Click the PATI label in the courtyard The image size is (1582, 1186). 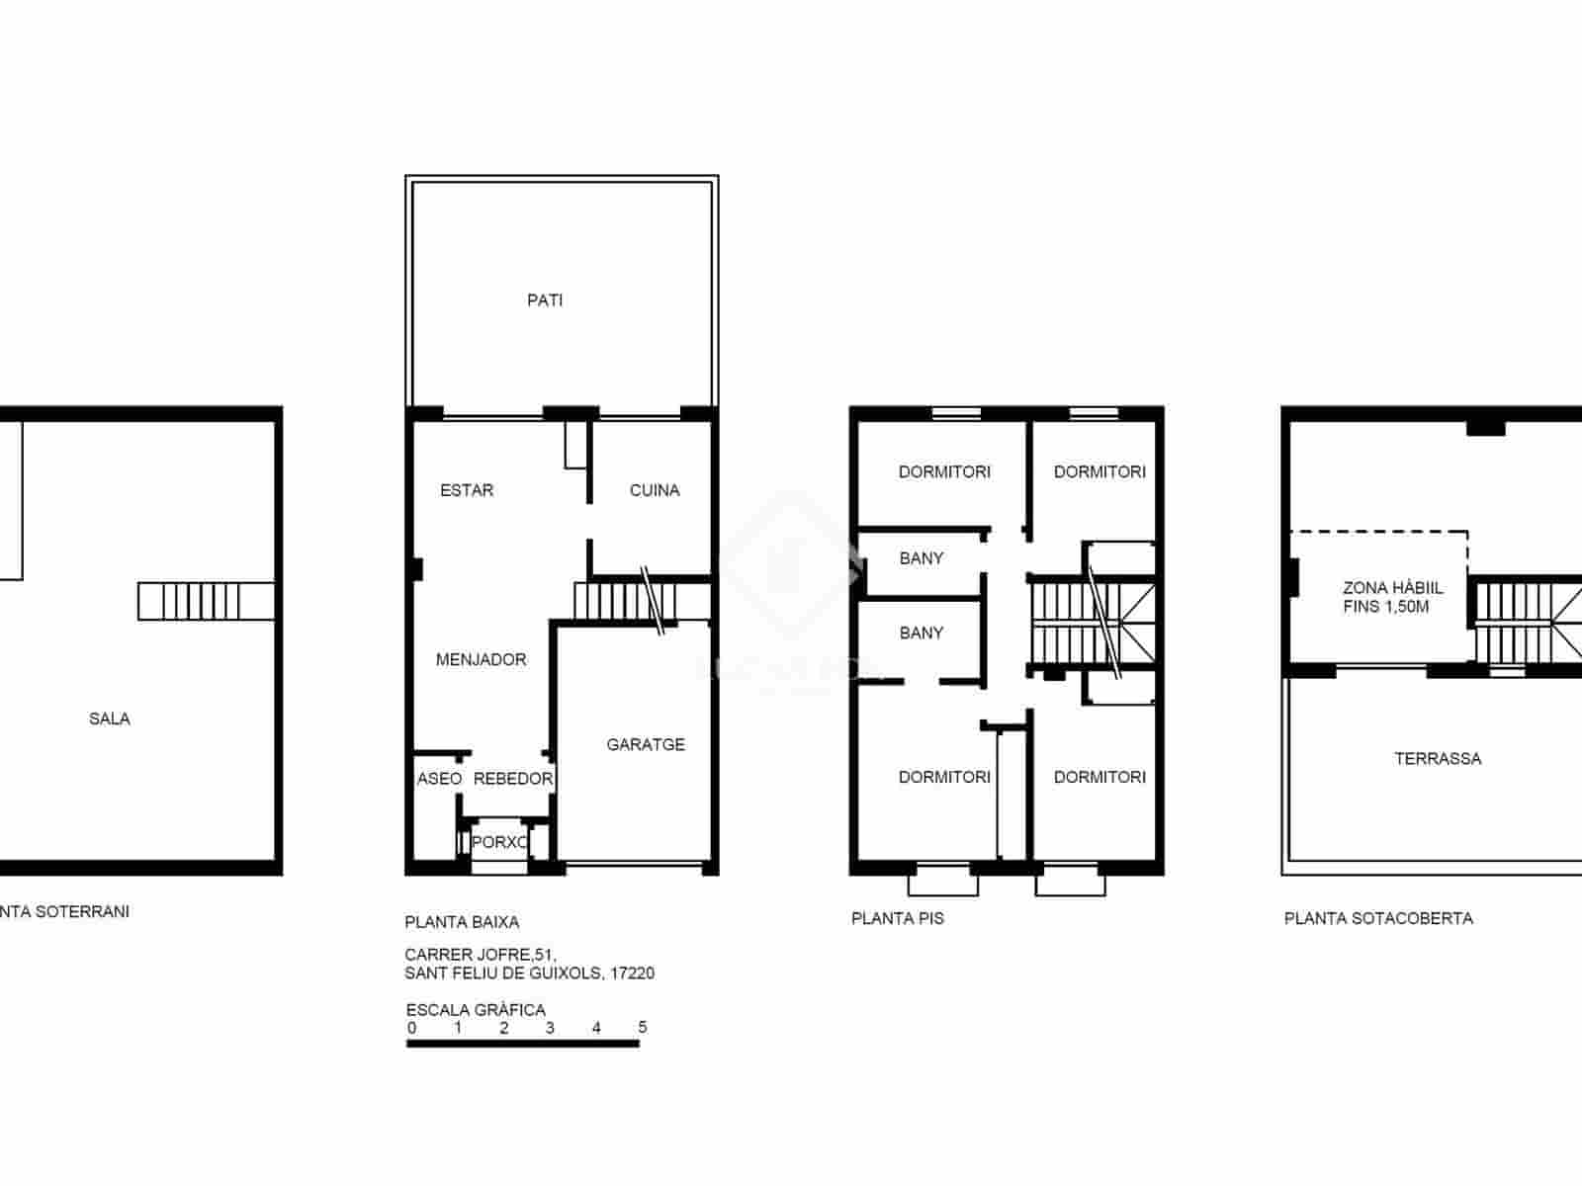coord(545,300)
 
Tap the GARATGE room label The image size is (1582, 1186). coord(646,745)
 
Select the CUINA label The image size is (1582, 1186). coord(655,490)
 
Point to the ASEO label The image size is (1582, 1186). coord(439,779)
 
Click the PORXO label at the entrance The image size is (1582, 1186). coord(499,843)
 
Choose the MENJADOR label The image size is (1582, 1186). coord(482,660)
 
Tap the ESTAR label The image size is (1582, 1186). coord(467,490)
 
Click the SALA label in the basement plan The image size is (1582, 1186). coord(110,720)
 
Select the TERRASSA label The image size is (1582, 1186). coord(1438,759)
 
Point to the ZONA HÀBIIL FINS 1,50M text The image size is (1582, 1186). coord(1392,597)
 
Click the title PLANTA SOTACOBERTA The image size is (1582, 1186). coord(1378,918)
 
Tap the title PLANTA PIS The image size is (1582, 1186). coord(898,918)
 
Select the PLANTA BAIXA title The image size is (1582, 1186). coord(462,922)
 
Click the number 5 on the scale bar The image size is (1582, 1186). coord(643,1028)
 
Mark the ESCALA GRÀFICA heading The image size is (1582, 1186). coord(476,1010)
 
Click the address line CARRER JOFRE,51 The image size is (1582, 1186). coord(481,955)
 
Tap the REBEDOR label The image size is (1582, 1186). coord(512,779)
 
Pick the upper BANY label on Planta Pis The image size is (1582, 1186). coord(922,558)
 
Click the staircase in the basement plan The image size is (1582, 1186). coord(206,601)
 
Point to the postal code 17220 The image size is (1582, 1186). coord(633,974)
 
